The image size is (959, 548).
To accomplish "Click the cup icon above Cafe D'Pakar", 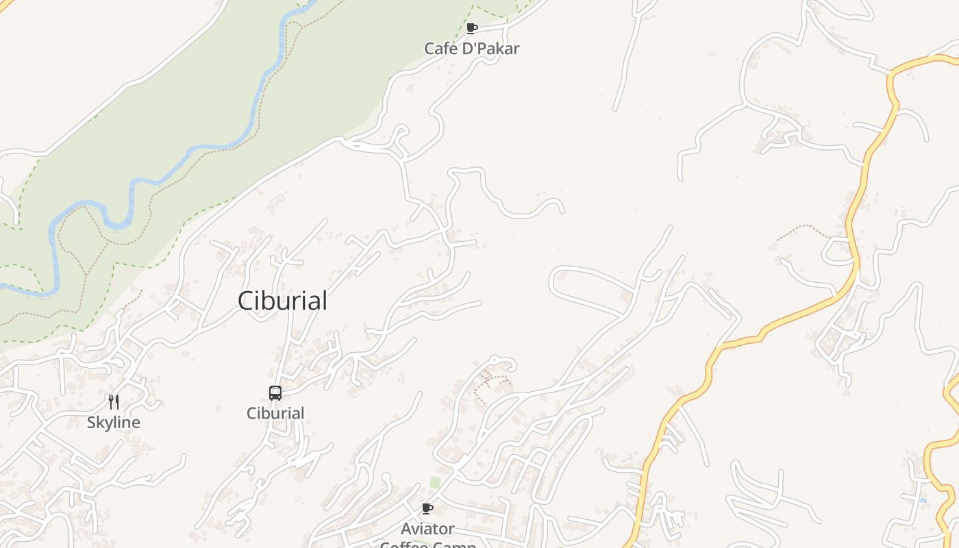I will [471, 28].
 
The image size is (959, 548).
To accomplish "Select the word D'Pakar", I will [490, 49].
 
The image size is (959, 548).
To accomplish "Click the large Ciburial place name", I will [282, 301].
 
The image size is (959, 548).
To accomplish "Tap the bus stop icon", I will [275, 393].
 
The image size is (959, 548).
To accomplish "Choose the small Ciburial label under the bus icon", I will [275, 413].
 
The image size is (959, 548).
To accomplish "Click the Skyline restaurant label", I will [114, 423].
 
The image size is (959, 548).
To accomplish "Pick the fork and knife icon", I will [114, 402].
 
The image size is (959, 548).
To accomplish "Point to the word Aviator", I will [427, 529].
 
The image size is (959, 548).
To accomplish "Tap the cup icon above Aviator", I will [427, 508].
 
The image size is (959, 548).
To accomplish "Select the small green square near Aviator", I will [435, 483].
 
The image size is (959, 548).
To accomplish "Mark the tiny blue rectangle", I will [923, 501].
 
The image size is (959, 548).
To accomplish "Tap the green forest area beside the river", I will [206, 103].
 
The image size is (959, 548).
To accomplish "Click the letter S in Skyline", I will [91, 423].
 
